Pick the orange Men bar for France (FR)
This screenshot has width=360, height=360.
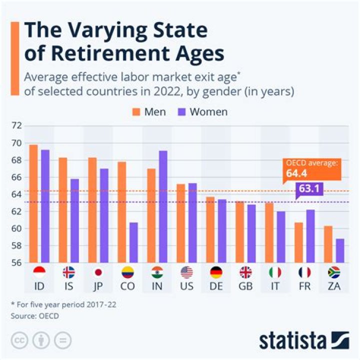pos(299,242)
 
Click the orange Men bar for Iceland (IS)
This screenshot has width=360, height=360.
pos(63,210)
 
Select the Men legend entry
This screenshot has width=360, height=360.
pos(148,111)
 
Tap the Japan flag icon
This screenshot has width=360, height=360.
pos(98,272)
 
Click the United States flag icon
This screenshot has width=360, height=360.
pos(186,272)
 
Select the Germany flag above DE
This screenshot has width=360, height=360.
pos(216,272)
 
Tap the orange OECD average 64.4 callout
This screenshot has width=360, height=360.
pos(311,169)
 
